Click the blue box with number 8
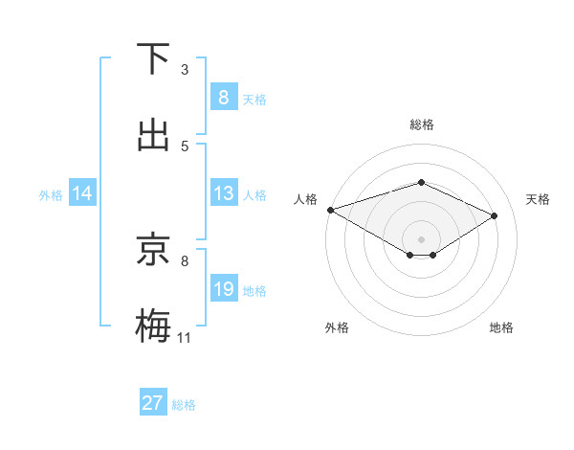coord(223,98)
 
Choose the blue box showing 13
coord(223,193)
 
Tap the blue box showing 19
coord(223,289)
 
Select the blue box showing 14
coord(82,193)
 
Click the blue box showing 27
coord(153,403)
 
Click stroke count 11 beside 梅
coord(185,337)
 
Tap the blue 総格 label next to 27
coord(184,405)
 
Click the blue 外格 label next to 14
coord(51,194)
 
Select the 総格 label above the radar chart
coord(422,124)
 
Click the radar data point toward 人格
coord(330,209)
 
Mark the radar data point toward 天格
coord(495,215)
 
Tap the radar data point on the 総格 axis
coord(421,182)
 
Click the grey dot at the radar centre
coord(421,238)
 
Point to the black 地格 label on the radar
coord(501,327)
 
